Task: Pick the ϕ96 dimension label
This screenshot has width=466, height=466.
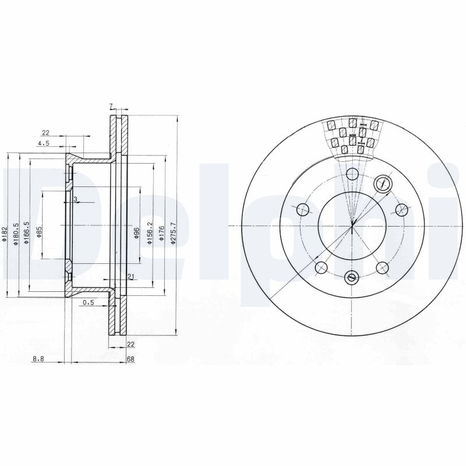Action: pyautogui.click(x=137, y=234)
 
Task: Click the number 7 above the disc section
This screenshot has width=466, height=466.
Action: pyautogui.click(x=111, y=106)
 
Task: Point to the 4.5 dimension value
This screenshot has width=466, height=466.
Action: pyautogui.click(x=44, y=143)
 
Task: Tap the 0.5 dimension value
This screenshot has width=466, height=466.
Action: pyautogui.click(x=89, y=302)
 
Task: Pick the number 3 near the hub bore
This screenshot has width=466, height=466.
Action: pyautogui.click(x=75, y=200)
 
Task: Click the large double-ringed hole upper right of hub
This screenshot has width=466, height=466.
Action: pyautogui.click(x=383, y=183)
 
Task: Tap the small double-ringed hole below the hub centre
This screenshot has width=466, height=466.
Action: pyautogui.click(x=351, y=277)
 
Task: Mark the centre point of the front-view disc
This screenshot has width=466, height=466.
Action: pyautogui.click(x=352, y=225)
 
